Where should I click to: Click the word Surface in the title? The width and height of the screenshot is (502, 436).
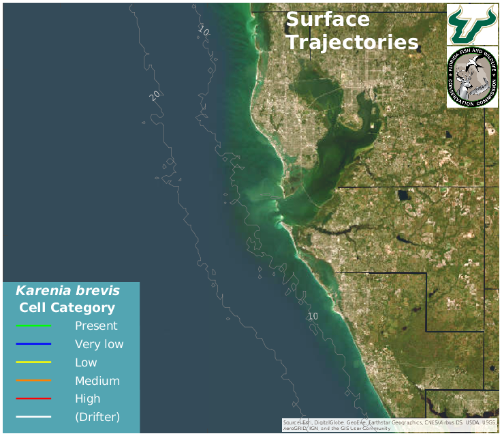328,20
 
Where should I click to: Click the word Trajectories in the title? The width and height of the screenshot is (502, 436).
352,42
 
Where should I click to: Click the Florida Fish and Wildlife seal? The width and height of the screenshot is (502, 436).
472,77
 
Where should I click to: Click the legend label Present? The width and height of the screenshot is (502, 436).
96,326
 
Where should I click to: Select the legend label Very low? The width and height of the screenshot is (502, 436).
99,344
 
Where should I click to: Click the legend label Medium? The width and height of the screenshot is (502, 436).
97,381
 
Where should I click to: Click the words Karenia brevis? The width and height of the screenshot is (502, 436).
67,291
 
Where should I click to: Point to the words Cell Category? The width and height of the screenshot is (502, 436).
67,308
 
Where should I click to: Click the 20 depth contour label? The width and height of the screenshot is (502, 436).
155,95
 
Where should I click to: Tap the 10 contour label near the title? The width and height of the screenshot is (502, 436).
204,31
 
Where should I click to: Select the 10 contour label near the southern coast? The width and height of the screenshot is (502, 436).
313,316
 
